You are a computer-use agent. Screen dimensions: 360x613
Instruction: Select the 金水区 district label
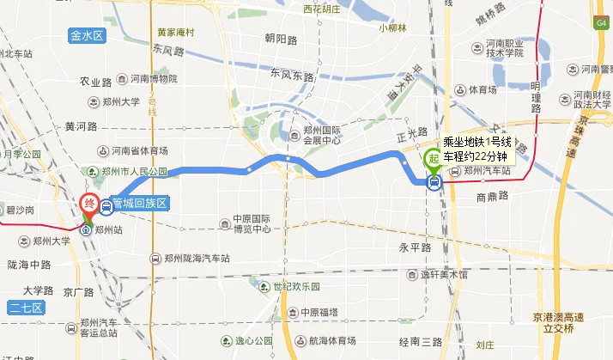click(88, 36)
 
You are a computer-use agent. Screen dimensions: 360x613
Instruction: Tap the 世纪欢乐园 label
click(296, 286)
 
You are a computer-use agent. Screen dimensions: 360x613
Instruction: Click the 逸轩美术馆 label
click(443, 275)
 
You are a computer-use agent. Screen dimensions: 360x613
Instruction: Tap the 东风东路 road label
click(290, 76)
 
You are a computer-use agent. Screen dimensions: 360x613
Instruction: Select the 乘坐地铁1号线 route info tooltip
click(477, 149)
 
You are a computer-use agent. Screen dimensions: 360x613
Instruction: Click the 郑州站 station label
click(109, 230)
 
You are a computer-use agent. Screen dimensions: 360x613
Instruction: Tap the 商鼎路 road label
click(493, 196)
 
